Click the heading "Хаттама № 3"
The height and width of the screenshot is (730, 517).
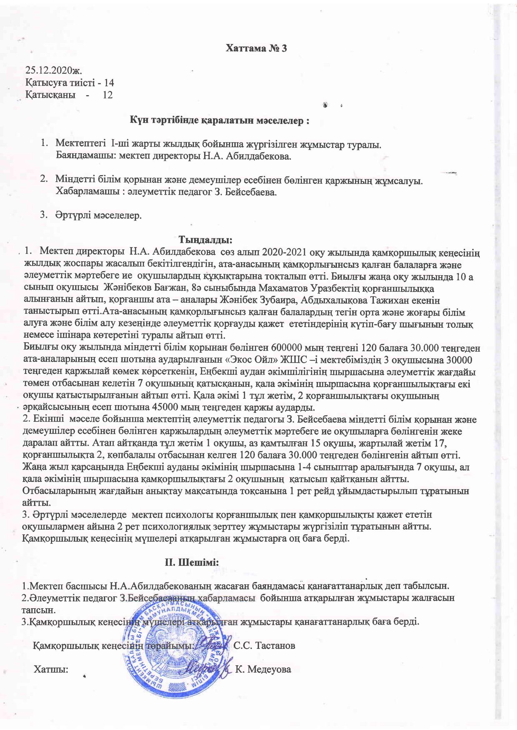click(x=256, y=48)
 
